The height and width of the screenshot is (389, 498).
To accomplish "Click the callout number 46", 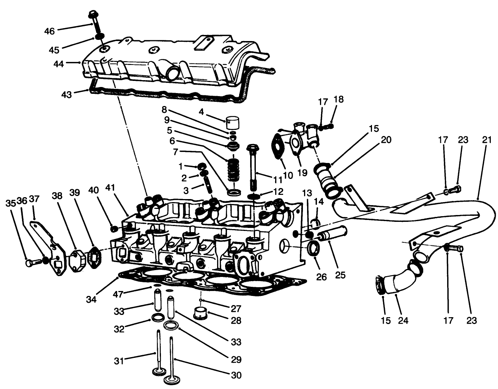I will tap(49, 31).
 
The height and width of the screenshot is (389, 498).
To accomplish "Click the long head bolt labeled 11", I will tap(254, 167).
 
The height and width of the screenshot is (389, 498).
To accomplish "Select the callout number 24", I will tap(403, 320).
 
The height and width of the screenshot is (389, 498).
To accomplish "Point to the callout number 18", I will tap(339, 100).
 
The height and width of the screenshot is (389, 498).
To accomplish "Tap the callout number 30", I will tap(236, 375).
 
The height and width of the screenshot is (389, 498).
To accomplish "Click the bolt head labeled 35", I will tap(29, 262).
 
